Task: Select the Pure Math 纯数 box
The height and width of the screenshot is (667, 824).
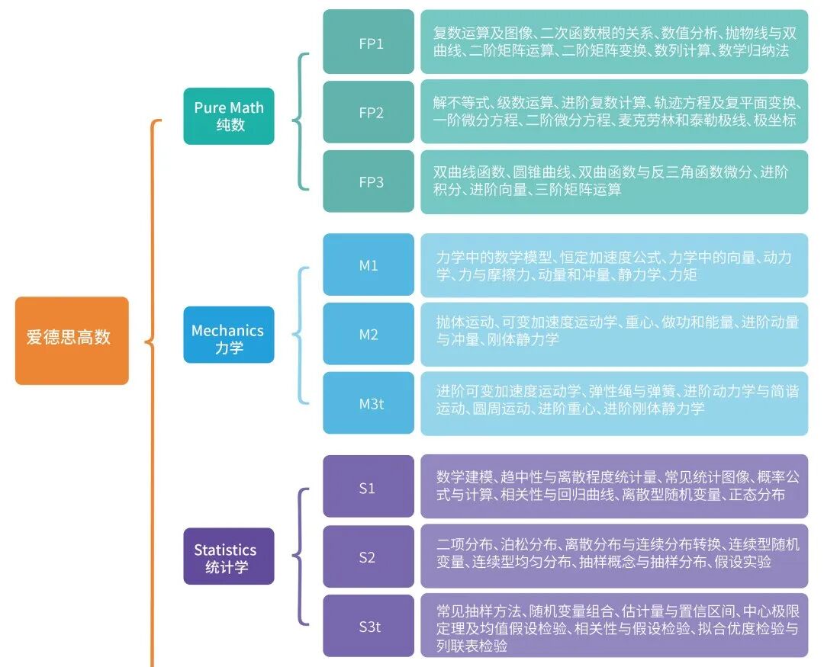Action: (228, 116)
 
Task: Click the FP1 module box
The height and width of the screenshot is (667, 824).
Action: (369, 43)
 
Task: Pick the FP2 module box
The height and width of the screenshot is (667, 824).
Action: (369, 112)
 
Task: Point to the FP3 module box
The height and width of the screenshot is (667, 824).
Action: (369, 181)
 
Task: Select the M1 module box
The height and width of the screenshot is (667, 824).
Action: (369, 265)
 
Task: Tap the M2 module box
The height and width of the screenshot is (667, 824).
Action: (369, 334)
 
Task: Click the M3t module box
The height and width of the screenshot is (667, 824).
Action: (369, 403)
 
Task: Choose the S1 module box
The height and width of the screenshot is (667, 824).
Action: (369, 487)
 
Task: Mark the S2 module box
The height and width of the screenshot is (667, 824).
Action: (369, 556)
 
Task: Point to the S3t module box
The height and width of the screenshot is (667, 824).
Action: (369, 626)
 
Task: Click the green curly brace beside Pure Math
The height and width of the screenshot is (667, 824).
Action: (301, 120)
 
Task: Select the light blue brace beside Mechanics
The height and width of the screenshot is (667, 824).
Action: (302, 335)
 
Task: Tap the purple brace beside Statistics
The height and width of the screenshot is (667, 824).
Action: (302, 556)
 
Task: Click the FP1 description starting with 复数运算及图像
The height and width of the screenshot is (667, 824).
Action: (614, 43)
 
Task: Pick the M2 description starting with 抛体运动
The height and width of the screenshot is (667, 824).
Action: (614, 331)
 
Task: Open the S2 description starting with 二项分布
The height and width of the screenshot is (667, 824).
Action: (614, 553)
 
